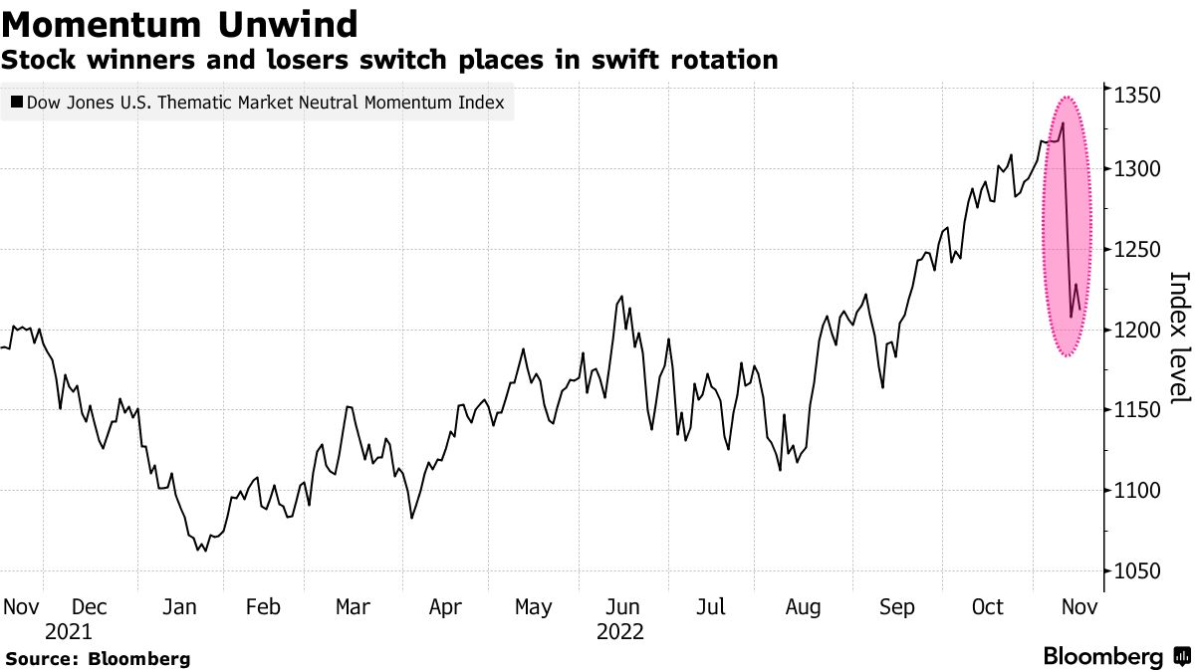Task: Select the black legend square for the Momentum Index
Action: coord(16,102)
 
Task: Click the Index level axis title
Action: coord(1178,337)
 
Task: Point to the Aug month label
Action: coord(803,607)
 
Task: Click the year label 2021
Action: coord(68,631)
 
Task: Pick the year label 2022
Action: coord(620,631)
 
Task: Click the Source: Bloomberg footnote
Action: coord(98,658)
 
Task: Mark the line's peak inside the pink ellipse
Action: coord(1064,123)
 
